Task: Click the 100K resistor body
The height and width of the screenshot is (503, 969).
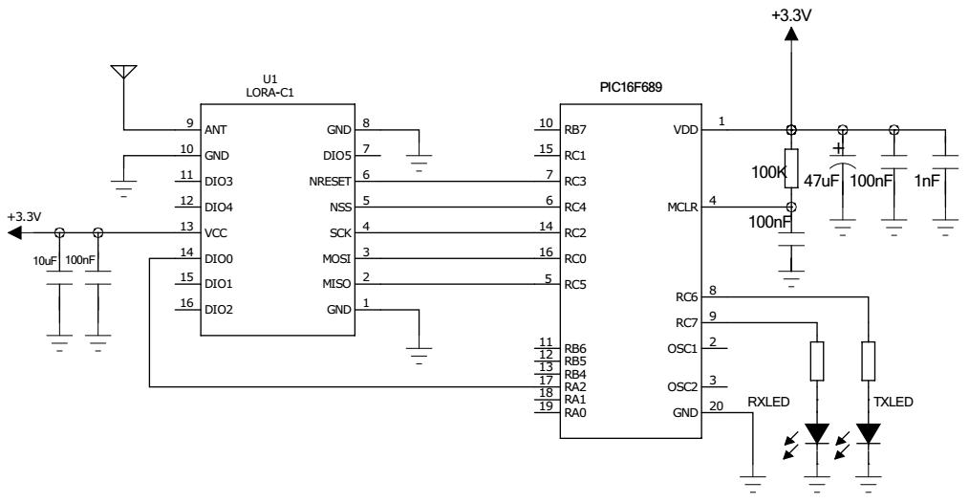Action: (x=790, y=165)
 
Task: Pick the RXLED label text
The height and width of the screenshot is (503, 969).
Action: (x=769, y=404)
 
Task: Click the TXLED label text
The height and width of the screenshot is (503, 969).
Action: (x=894, y=404)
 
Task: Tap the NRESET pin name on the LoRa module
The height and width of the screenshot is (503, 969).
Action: (x=329, y=181)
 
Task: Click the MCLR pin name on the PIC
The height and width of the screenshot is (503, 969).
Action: (x=684, y=207)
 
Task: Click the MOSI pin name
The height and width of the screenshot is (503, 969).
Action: (x=335, y=258)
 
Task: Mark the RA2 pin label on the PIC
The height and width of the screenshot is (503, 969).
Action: (x=576, y=386)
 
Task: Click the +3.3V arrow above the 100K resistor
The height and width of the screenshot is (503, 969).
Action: (x=790, y=34)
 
